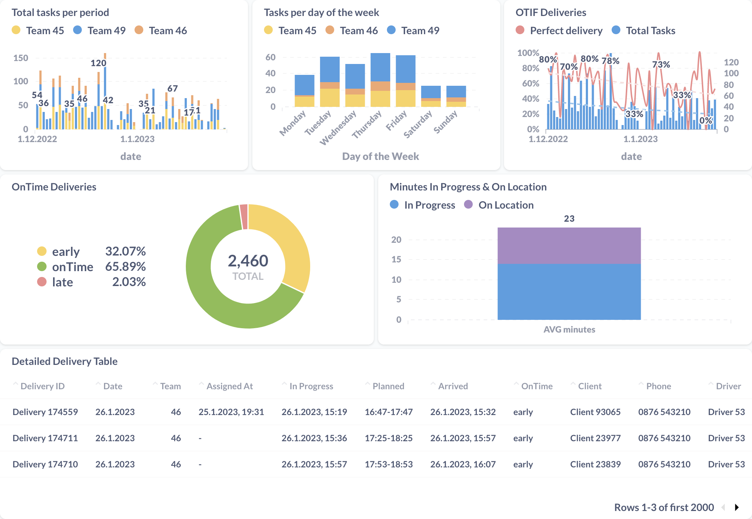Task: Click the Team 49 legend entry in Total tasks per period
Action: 106,31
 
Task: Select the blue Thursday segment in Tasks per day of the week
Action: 380,67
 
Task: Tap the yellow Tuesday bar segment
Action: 329,97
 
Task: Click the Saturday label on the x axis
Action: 418,124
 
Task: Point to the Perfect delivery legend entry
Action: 565,31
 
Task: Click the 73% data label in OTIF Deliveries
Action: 661,65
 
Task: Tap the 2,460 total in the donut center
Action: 248,261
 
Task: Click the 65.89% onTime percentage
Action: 125,266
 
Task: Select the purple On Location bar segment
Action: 569,245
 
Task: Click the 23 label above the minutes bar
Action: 569,218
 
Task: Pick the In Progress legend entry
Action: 429,205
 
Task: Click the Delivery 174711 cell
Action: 45,438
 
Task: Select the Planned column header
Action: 388,386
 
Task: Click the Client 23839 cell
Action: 595,464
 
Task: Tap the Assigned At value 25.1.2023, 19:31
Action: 231,412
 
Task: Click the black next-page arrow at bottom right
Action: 737,507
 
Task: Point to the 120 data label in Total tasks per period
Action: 98,63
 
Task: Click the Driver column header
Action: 728,386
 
